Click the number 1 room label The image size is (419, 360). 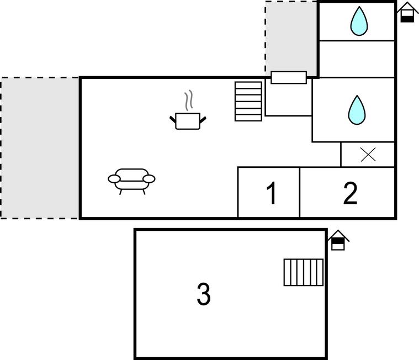click(x=271, y=193)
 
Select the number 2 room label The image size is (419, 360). click(x=350, y=193)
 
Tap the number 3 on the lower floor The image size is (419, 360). click(x=204, y=294)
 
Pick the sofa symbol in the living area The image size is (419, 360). click(x=131, y=179)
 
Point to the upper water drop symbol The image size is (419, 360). click(x=359, y=21)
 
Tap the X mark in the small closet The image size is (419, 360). click(x=368, y=155)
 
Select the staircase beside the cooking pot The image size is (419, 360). click(x=248, y=101)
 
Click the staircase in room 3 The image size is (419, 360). click(x=304, y=272)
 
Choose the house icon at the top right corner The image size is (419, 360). click(x=407, y=12)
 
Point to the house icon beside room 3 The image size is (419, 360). click(x=338, y=241)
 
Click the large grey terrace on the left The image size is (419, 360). click(x=40, y=147)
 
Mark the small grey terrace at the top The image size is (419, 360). click(x=291, y=36)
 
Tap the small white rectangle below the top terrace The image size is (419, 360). click(x=289, y=77)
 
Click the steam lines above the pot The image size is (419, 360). click(x=189, y=100)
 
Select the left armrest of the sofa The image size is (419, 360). click(x=114, y=179)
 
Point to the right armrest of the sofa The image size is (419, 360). click(x=149, y=179)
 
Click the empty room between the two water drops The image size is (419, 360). click(x=357, y=59)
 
